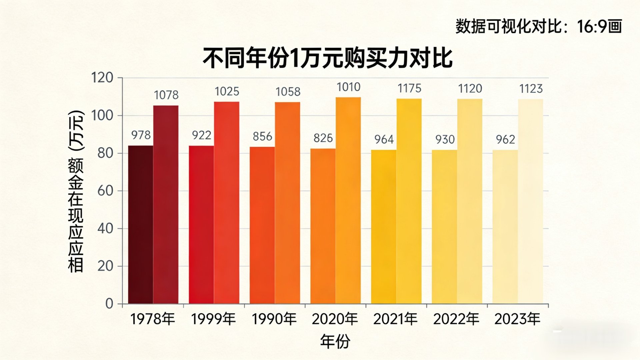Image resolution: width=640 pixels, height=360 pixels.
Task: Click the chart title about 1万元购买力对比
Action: coord(327,58)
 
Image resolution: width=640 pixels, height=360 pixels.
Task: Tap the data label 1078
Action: coord(166,95)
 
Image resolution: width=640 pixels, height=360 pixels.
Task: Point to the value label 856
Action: coord(262,136)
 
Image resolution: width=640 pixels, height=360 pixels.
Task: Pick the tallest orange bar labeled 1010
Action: coord(348,200)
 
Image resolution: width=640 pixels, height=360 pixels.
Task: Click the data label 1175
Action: coord(409,89)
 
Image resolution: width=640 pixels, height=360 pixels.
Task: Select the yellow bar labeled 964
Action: coord(384,227)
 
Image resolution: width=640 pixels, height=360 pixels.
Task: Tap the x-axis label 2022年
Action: coord(456,319)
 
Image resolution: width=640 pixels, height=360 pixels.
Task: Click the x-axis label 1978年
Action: coord(152,319)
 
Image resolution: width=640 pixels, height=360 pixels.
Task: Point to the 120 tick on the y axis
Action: coord(102,78)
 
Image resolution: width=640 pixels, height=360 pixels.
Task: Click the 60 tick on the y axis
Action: coord(105,191)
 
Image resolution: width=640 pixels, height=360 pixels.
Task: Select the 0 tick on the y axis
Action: coord(109,304)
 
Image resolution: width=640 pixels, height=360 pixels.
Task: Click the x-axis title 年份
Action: coord(335,341)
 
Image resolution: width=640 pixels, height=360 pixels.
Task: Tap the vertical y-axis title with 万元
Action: coord(76,192)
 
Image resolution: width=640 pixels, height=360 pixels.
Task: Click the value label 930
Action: coord(445,139)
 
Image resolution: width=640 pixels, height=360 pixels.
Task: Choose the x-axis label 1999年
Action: coord(213,319)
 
